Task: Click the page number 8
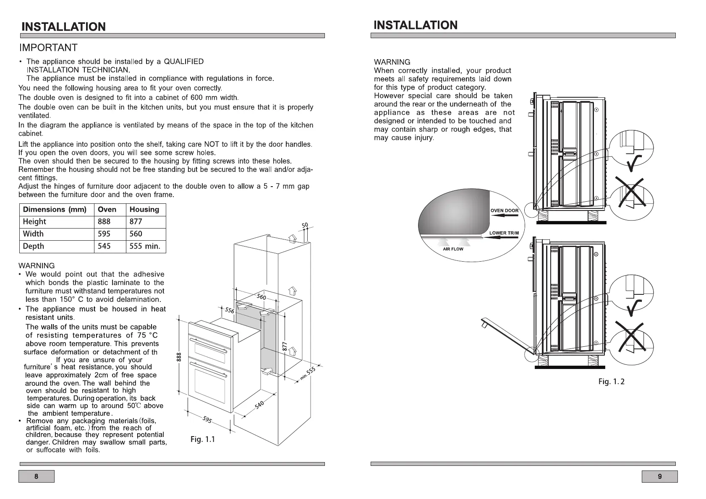[36, 476]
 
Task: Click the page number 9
[659, 476]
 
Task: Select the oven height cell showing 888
[104, 221]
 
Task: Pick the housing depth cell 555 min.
[145, 246]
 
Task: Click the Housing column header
[144, 209]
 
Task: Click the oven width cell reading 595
[104, 234]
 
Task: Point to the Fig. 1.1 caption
[203, 439]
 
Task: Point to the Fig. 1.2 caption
[611, 382]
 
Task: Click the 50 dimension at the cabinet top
[305, 226]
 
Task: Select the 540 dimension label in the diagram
[259, 405]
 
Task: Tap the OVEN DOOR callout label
[505, 211]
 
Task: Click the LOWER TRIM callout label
[504, 233]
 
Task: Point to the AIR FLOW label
[453, 249]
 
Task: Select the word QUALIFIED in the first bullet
[183, 62]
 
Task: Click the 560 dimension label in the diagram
[261, 297]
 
